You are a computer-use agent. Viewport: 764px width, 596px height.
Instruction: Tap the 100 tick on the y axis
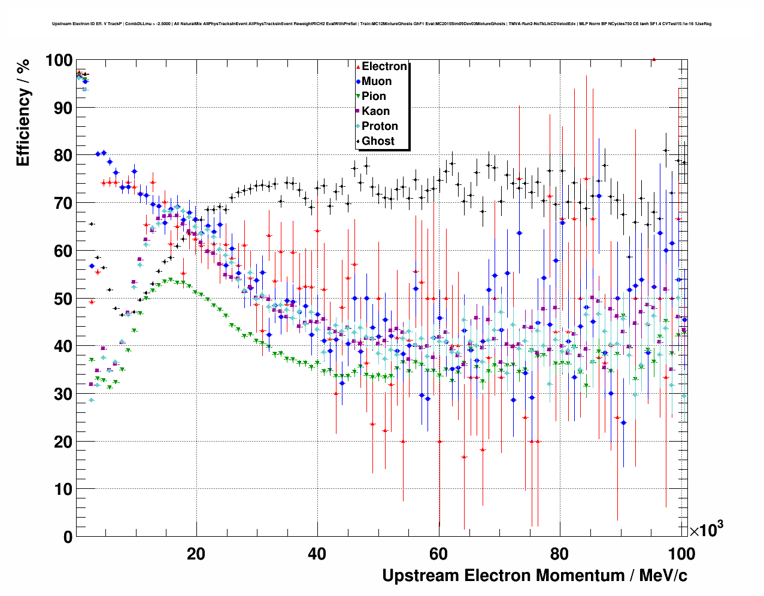point(59,60)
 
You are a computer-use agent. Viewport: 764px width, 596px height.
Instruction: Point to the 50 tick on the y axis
point(63,299)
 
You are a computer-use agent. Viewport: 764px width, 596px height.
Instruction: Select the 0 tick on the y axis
point(67,537)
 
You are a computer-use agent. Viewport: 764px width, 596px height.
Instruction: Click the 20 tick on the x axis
point(196,554)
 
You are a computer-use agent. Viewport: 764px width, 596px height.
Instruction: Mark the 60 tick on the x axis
point(438,554)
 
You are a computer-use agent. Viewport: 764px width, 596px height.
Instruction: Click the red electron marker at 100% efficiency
point(654,59)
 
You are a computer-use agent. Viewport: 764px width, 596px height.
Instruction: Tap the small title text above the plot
point(381,24)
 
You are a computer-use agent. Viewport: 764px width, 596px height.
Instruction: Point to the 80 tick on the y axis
point(63,156)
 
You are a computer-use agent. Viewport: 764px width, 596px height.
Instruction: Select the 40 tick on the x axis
point(317,554)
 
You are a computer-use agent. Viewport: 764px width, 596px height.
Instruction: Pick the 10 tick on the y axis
point(63,489)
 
